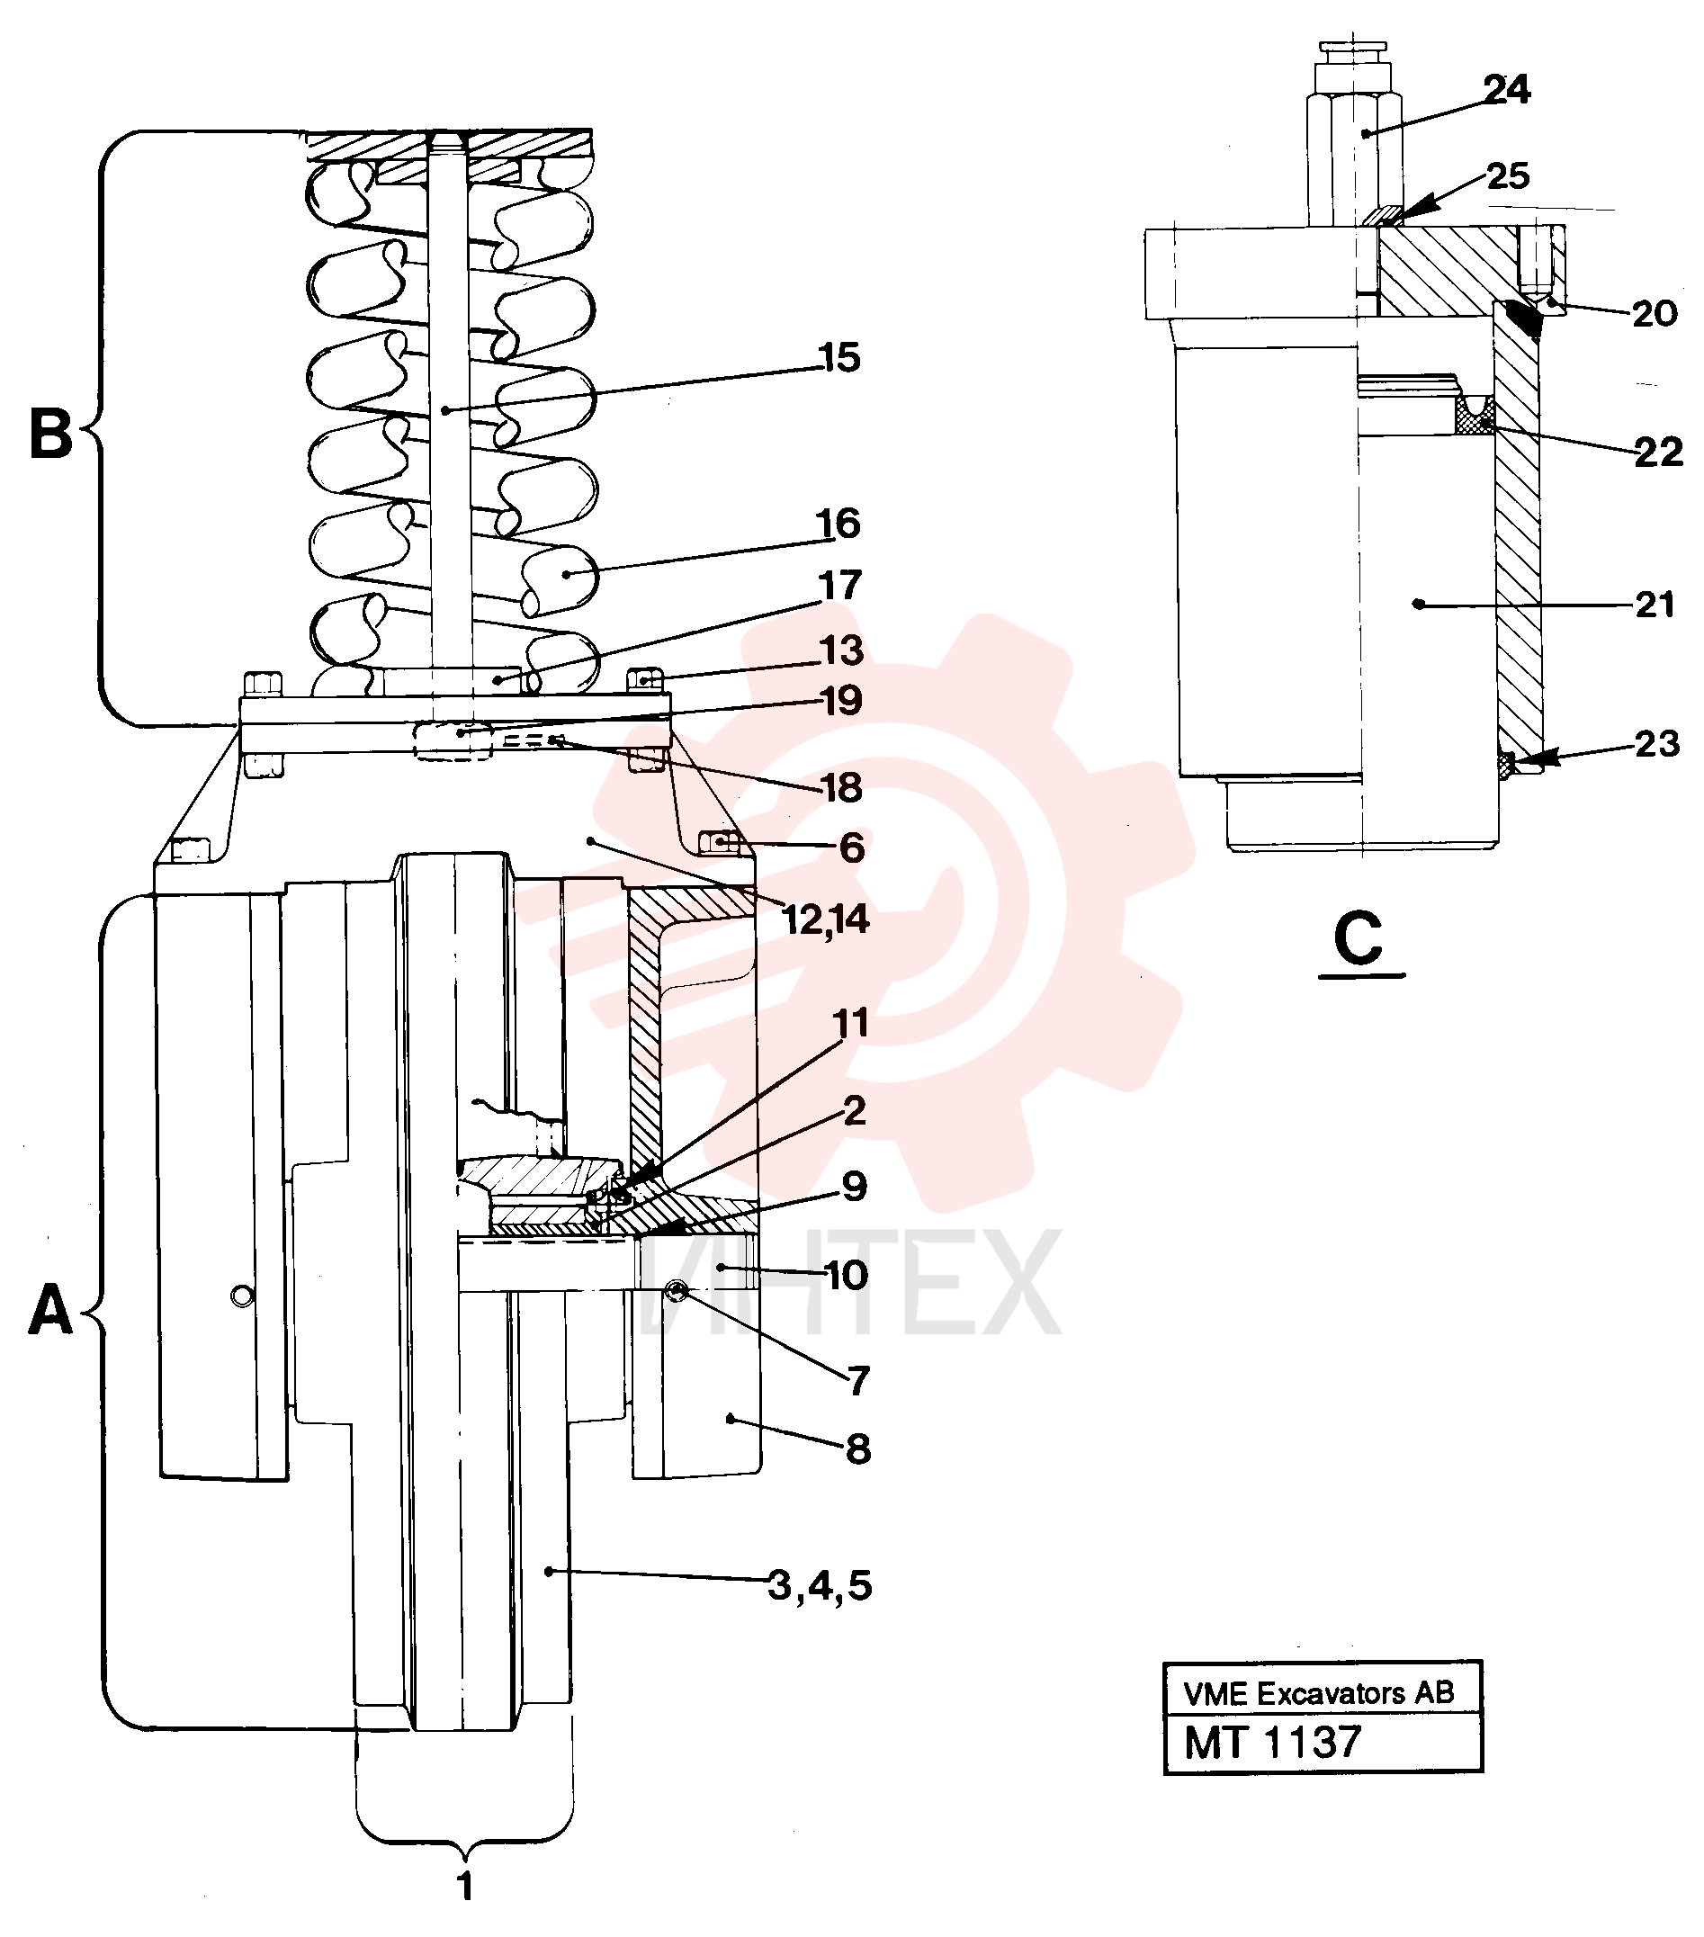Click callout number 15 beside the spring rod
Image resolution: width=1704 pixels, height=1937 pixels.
click(x=839, y=358)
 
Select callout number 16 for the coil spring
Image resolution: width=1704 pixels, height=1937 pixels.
click(x=838, y=523)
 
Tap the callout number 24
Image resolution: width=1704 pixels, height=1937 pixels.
click(x=1506, y=90)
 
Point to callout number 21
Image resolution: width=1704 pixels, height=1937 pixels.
click(x=1655, y=605)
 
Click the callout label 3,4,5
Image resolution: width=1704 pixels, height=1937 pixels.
click(x=820, y=1584)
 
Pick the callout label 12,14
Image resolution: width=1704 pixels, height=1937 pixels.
click(x=826, y=919)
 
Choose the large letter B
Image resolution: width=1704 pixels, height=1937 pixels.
click(x=51, y=433)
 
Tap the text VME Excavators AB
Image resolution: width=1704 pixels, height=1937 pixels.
click(x=1318, y=1693)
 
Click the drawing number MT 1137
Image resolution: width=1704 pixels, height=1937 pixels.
click(x=1273, y=1742)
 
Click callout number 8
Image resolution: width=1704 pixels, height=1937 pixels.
click(x=856, y=1449)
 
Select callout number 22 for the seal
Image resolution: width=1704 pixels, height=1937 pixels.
click(x=1658, y=453)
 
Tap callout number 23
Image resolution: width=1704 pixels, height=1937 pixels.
click(x=1656, y=745)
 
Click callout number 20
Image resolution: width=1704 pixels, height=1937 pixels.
click(x=1655, y=314)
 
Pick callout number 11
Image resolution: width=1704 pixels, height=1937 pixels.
click(x=850, y=1024)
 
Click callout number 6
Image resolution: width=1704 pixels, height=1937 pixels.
click(x=851, y=848)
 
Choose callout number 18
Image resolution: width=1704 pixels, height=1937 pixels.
click(x=841, y=787)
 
